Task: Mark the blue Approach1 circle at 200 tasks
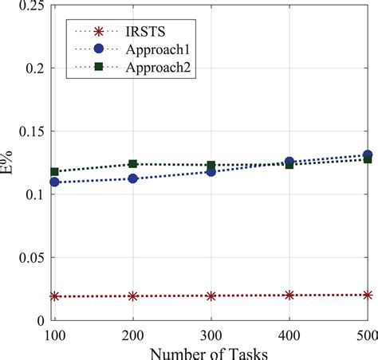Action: tap(133, 178)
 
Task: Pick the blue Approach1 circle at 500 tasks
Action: tap(368, 155)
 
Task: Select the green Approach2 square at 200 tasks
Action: tap(133, 164)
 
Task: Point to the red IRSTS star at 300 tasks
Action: tap(211, 295)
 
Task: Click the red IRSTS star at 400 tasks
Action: tap(289, 295)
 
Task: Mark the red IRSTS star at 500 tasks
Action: tap(368, 295)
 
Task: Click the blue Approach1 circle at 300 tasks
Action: tap(211, 171)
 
